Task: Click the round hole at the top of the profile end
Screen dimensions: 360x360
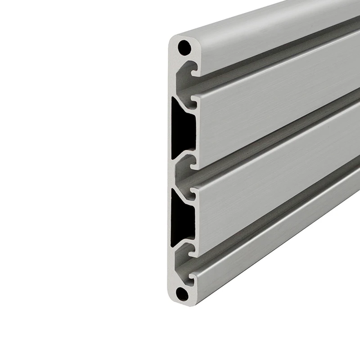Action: pos(184,47)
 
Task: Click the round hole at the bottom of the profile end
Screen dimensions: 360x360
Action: pos(182,294)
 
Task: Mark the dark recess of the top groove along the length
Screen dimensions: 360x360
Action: pos(270,58)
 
